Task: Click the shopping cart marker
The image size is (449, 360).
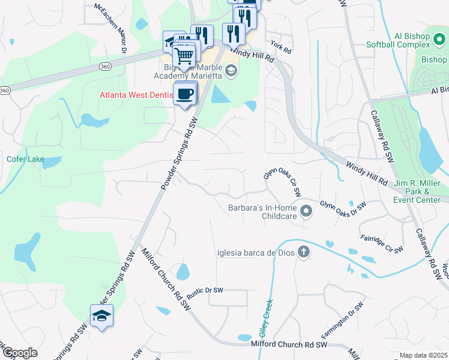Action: click(x=185, y=55)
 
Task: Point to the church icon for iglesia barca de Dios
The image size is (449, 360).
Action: click(x=304, y=252)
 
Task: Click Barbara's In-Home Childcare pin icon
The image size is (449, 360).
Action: click(x=307, y=211)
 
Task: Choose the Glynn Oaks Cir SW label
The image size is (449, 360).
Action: click(x=283, y=183)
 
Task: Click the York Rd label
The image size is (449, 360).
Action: click(x=280, y=46)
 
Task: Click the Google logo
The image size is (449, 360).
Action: click(x=19, y=353)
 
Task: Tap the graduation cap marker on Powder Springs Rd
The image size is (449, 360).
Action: click(x=101, y=316)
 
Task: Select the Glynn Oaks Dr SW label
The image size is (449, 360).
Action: click(x=343, y=206)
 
